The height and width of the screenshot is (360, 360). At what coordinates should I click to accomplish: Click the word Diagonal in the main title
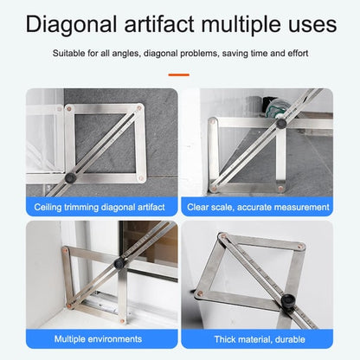(72, 22)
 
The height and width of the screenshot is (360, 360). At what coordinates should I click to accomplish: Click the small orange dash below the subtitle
(179, 74)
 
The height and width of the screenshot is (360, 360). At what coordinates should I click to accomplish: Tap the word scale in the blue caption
(227, 208)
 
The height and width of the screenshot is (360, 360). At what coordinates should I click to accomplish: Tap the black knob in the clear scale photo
(281, 124)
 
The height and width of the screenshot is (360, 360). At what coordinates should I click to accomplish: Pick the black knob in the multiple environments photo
(123, 262)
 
